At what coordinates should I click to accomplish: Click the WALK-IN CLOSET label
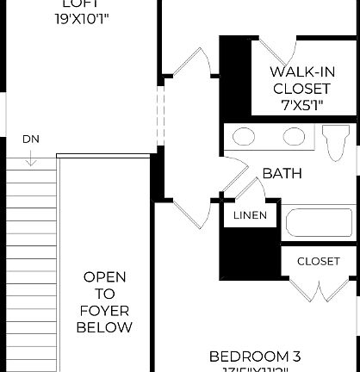[301, 80]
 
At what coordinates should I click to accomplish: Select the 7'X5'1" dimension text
[301, 103]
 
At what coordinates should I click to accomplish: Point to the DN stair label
[30, 139]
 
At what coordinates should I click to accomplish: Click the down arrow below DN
[30, 158]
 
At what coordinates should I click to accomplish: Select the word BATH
[282, 173]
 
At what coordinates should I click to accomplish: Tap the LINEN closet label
[250, 215]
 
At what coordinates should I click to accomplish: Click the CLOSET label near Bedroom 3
[318, 262]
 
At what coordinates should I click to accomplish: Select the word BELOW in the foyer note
[104, 327]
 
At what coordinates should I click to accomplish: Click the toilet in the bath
[337, 141]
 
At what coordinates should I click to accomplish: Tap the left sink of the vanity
[245, 136]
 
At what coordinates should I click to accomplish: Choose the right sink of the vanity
[294, 136]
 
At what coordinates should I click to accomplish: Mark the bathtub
[319, 222]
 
